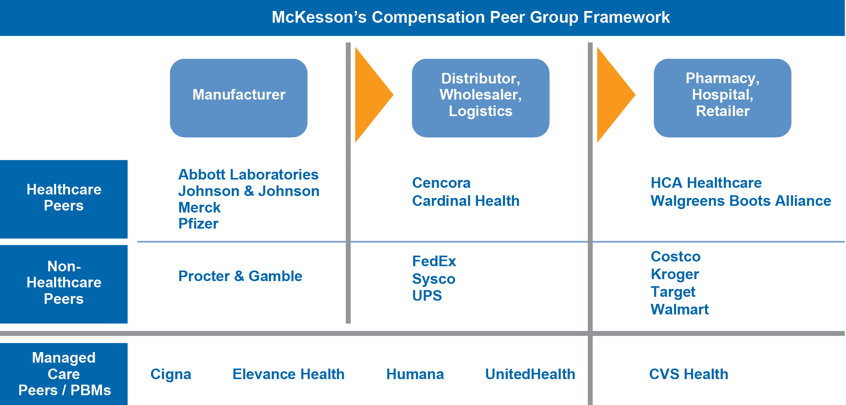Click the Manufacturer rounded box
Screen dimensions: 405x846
point(239,98)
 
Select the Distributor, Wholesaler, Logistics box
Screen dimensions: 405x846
point(480,98)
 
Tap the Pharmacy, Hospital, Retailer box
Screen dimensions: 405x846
point(722,98)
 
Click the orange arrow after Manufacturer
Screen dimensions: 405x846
point(371,94)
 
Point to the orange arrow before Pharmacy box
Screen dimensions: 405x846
point(613,94)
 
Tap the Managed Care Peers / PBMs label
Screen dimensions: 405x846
point(64,374)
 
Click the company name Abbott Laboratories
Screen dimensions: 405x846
point(248,174)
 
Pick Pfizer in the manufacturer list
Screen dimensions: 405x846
point(198,224)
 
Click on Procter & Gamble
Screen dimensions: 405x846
point(240,276)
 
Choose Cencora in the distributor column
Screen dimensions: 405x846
point(441,183)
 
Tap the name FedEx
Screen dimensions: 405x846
point(434,261)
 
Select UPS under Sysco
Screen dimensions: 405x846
point(427,296)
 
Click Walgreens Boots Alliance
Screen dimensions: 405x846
point(740,201)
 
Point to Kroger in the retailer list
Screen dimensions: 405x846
point(675,274)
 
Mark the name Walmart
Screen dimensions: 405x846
point(679,309)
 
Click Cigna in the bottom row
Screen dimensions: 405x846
point(171,374)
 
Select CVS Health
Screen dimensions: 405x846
point(688,374)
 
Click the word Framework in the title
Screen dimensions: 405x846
point(626,17)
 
